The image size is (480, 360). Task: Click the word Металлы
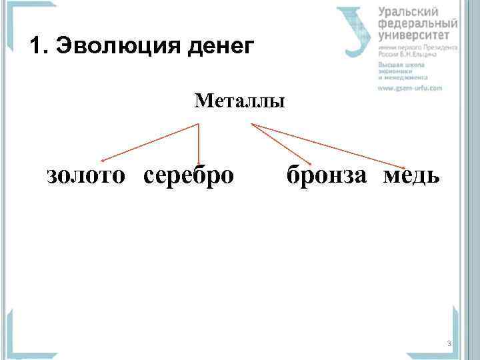click(239, 101)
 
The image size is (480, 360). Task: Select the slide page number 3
click(449, 343)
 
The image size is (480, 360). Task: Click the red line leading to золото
click(150, 142)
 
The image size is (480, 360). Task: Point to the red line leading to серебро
click(199, 143)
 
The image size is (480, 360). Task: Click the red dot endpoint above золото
click(101, 161)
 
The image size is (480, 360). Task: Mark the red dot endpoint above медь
click(404, 166)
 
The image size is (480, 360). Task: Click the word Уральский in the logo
click(408, 12)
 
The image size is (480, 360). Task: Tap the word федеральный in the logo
click(417, 23)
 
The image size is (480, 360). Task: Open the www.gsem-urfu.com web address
click(410, 87)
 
